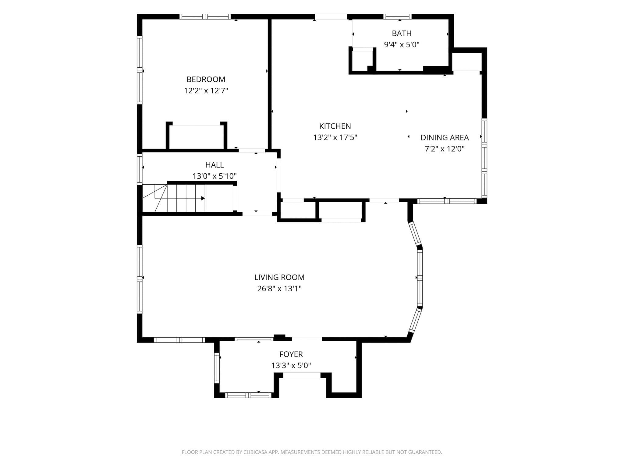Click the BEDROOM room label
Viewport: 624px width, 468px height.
[x=206, y=79]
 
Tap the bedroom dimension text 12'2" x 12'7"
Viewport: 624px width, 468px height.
[x=206, y=90]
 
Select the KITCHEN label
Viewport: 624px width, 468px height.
[x=335, y=126]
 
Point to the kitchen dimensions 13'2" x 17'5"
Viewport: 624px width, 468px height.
[x=335, y=137]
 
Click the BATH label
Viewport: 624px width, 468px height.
[x=402, y=33]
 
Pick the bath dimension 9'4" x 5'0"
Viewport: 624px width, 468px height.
[x=402, y=44]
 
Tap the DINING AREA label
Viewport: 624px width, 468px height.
[x=445, y=137]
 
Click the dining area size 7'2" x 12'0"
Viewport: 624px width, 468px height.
[x=445, y=149]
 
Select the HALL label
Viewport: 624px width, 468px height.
[x=214, y=165]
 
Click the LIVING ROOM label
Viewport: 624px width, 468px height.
[x=279, y=277]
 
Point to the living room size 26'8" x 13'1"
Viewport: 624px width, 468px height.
[x=279, y=289]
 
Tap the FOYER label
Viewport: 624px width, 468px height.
[x=291, y=354]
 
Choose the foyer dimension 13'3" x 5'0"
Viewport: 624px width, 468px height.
[x=291, y=366]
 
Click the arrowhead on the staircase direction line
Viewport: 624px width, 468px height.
[x=203, y=198]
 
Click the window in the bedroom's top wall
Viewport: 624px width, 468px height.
[x=205, y=17]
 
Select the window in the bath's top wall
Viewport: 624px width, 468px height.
[x=397, y=17]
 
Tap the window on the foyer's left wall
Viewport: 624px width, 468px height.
[x=217, y=368]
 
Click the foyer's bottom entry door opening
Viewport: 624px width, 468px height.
[x=302, y=375]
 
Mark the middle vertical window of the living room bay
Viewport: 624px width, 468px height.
[x=420, y=278]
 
